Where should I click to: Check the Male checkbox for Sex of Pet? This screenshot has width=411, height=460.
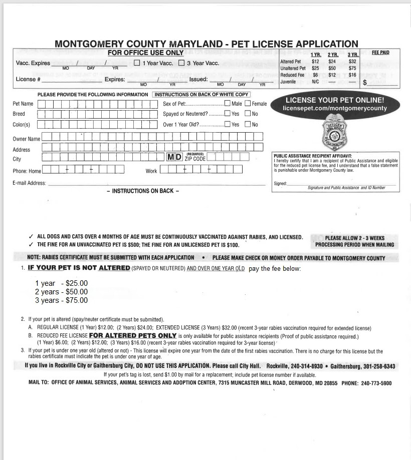(228, 104)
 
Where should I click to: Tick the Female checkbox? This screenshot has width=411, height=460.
(248, 104)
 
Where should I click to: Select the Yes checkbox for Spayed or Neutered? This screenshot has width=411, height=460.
(228, 114)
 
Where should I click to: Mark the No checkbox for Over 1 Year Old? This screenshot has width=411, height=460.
(248, 124)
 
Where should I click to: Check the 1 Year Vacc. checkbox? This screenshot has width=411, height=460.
(137, 63)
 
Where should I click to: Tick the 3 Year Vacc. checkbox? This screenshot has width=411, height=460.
(181, 63)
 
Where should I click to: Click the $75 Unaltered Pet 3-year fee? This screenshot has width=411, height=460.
(352, 68)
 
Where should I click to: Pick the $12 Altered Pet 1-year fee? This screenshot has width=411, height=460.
(315, 62)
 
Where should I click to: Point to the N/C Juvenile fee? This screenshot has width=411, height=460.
(315, 82)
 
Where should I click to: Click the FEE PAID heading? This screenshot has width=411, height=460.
(380, 53)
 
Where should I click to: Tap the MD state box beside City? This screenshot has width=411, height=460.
(174, 157)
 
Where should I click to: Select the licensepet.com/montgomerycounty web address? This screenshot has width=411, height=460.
(335, 108)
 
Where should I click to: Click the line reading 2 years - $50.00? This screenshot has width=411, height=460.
(61, 292)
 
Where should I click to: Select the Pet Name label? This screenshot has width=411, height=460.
(23, 104)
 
